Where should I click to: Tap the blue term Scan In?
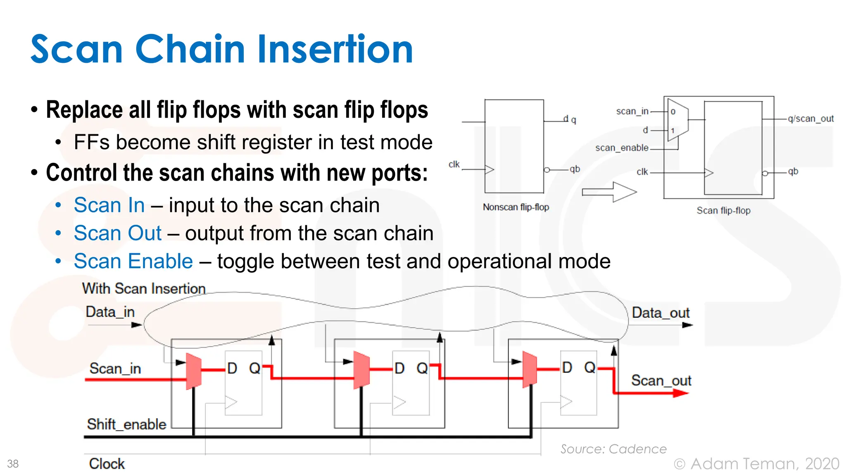pos(109,205)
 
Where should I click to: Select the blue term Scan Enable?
pos(133,262)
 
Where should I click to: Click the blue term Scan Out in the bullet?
pos(117,233)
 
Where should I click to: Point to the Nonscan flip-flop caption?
pos(516,207)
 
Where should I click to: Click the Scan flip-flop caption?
pos(723,211)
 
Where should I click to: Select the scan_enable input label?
pos(621,148)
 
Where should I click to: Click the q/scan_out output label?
pos(810,119)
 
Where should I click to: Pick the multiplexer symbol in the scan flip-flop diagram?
pos(677,120)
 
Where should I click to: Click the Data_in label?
pos(110,312)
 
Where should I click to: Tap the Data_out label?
pos(660,313)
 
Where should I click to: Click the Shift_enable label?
pos(126,424)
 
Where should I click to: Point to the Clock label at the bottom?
pos(107,464)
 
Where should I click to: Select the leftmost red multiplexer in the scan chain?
pos(193,371)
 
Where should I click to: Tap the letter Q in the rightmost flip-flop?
pos(589,367)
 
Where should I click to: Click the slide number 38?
pos(13,464)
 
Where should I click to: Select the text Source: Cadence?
pos(613,449)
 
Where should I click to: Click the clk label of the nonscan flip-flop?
pos(454,164)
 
